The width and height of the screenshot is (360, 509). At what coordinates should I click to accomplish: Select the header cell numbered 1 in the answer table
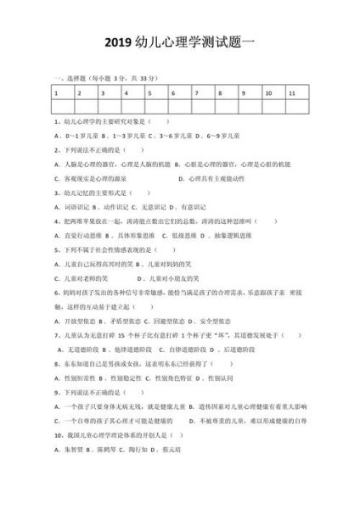pos(64,93)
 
